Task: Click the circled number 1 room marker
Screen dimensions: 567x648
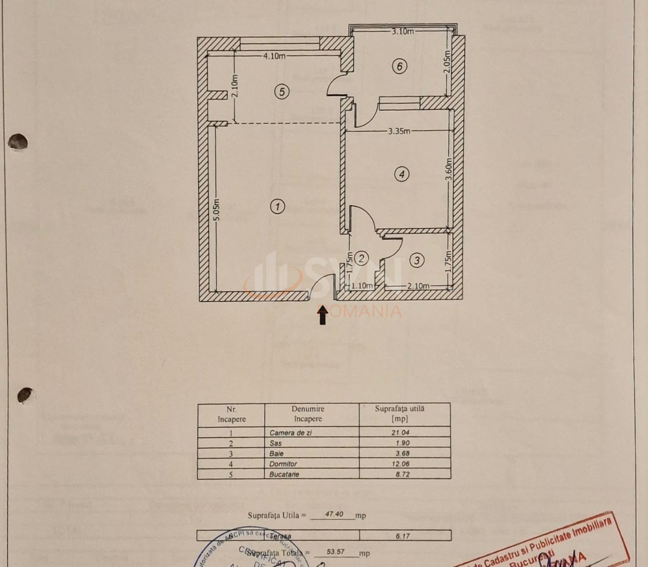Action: click(277, 207)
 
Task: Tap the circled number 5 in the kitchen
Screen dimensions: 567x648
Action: click(282, 92)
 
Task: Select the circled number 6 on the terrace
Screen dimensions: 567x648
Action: click(399, 66)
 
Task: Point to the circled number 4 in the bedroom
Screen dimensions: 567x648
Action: click(402, 174)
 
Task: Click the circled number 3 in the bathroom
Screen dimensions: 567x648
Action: click(417, 260)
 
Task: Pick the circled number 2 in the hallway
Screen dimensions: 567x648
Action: click(361, 258)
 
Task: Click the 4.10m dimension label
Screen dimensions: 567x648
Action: click(274, 56)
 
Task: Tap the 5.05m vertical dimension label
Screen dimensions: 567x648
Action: click(217, 210)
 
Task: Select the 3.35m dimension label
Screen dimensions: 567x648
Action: click(399, 131)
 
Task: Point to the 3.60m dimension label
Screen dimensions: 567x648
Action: click(449, 169)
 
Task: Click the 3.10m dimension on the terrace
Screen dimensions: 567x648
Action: click(402, 31)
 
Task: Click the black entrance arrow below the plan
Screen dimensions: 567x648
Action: click(322, 315)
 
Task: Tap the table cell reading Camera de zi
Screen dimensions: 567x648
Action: click(291, 432)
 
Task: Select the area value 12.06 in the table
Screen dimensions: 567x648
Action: click(400, 464)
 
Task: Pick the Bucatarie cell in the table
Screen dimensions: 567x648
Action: click(284, 474)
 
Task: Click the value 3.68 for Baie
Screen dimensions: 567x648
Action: click(402, 453)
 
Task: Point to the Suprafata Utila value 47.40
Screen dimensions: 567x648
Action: click(333, 514)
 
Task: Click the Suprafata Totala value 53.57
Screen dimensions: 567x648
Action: click(335, 552)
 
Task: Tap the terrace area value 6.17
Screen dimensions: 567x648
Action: click(403, 536)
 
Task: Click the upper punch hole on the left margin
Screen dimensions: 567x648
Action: click(18, 142)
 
